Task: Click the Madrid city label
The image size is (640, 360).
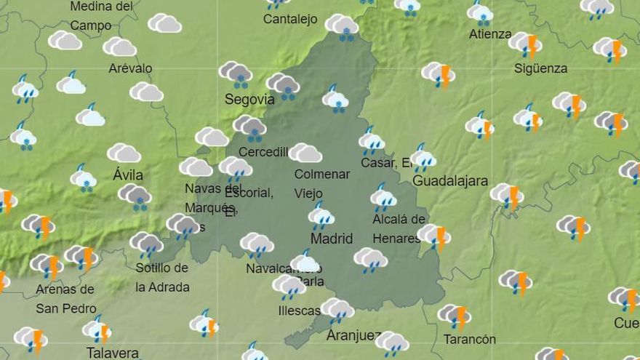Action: point(331,239)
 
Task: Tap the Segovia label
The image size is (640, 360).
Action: point(249,99)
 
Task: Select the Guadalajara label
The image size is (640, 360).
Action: point(449,181)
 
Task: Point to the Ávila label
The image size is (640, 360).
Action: point(128,175)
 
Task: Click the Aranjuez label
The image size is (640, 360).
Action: point(353,335)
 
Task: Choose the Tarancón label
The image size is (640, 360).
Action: point(469,340)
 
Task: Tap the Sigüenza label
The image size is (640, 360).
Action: point(540,68)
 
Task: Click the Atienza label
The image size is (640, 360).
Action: point(489,34)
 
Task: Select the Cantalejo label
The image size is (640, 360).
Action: point(290,20)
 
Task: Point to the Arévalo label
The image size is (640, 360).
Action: point(130,68)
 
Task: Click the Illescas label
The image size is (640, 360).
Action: point(299,311)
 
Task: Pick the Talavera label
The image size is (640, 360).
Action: point(112,353)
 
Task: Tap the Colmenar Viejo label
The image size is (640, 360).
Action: point(321,184)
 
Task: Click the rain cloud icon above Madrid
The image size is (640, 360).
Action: point(321,215)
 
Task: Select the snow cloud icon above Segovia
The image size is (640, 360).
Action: point(236,73)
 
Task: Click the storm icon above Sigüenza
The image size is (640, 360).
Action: point(525,44)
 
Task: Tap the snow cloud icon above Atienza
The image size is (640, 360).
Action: point(480,12)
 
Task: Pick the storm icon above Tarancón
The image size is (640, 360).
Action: point(455,316)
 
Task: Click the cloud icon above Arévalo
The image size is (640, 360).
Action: point(120,47)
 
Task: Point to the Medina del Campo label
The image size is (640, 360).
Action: point(101,16)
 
